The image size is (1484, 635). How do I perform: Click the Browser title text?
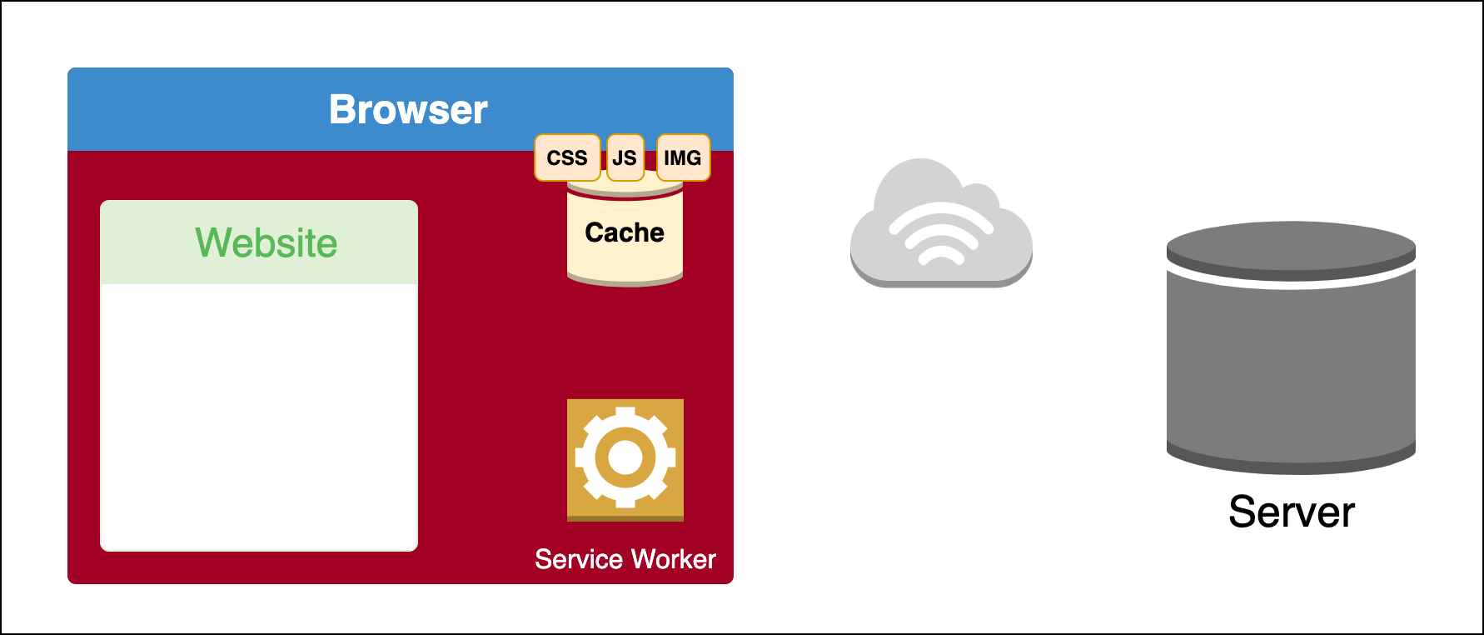pos(408,109)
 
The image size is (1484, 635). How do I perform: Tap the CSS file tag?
pos(567,157)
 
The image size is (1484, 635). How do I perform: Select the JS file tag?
pos(625,157)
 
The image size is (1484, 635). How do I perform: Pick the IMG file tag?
pos(683,157)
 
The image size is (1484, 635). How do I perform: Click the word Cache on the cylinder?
pos(625,232)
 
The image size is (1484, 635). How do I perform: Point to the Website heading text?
pos(266,242)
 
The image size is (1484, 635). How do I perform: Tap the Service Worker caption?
pos(625,559)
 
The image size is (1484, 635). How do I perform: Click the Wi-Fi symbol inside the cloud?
pos(941,236)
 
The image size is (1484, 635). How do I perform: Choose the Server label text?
pos(1292,512)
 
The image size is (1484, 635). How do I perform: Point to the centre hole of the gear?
pos(625,457)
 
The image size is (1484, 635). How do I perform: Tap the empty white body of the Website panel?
pos(259,417)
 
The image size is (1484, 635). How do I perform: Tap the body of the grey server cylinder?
pos(1291,367)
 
